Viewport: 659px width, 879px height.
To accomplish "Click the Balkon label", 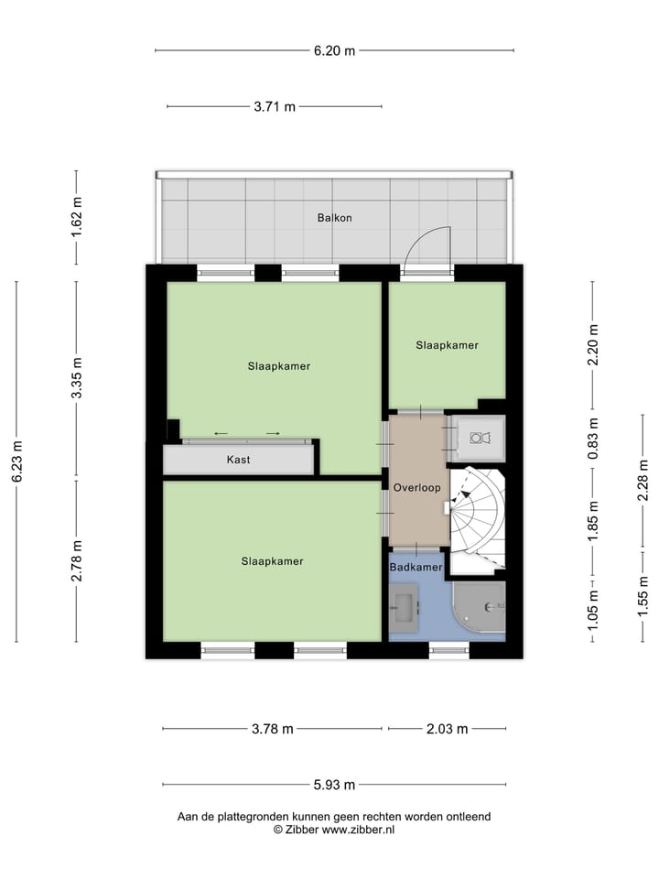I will (334, 218).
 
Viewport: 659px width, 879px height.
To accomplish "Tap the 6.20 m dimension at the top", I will (334, 50).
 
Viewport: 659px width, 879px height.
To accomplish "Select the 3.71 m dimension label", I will (275, 107).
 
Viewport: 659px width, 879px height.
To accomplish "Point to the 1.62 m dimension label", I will (77, 218).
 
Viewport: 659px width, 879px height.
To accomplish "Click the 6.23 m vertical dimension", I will (16, 462).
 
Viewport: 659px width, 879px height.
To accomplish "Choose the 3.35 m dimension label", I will (77, 378).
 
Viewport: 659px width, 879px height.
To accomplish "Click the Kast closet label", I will (238, 460).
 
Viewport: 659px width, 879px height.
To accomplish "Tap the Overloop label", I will (418, 488).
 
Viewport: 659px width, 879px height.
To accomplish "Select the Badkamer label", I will (416, 568).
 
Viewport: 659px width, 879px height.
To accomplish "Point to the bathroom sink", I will (404, 604).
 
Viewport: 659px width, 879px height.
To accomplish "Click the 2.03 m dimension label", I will (448, 729).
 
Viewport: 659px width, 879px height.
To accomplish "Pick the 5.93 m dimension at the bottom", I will (334, 785).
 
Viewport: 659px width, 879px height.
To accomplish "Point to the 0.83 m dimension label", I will (593, 439).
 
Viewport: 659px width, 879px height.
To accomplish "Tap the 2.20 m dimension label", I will (593, 345).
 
